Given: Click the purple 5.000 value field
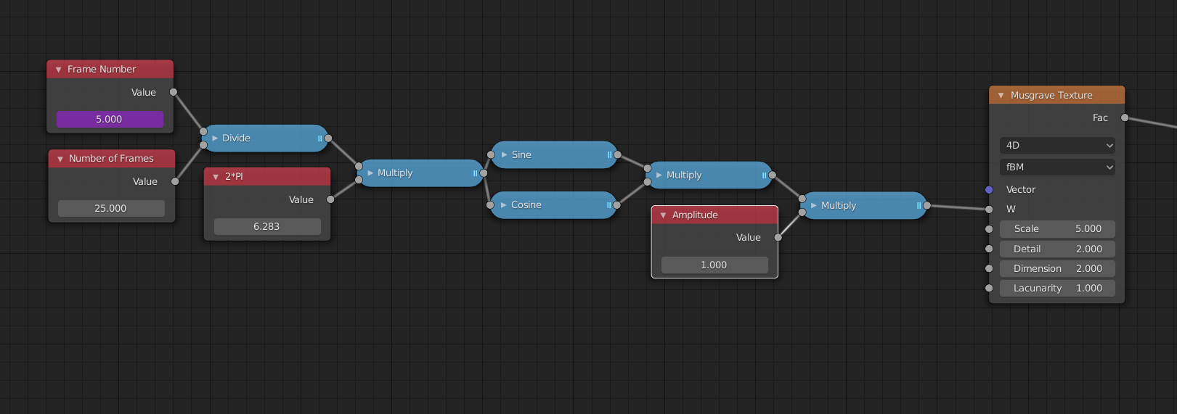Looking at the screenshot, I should [x=110, y=119].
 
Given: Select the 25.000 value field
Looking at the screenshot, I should [x=111, y=208].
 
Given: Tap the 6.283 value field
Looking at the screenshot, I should [x=267, y=226].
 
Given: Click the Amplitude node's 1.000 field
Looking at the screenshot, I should [x=714, y=265].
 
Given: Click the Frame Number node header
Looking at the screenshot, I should [x=110, y=69].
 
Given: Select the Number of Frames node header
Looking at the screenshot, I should [x=112, y=158].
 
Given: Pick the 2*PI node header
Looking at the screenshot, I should [x=267, y=176].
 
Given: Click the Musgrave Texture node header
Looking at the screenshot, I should [x=1056, y=95].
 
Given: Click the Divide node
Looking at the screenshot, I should [x=266, y=138].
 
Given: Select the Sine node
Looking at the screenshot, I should [x=554, y=154].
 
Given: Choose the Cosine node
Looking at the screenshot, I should [x=553, y=205].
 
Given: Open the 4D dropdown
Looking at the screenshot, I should [x=1057, y=145].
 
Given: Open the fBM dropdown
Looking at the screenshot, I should [x=1057, y=167].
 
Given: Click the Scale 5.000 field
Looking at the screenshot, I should [x=1057, y=228].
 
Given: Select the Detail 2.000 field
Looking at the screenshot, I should [x=1057, y=249].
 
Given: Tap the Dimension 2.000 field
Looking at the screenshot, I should [x=1057, y=268].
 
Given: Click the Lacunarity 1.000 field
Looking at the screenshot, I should [x=1057, y=288].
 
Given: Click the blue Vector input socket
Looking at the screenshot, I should [x=989, y=189].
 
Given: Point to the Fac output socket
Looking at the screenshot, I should [x=1125, y=117].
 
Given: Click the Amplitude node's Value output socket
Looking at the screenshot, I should [x=778, y=237].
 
